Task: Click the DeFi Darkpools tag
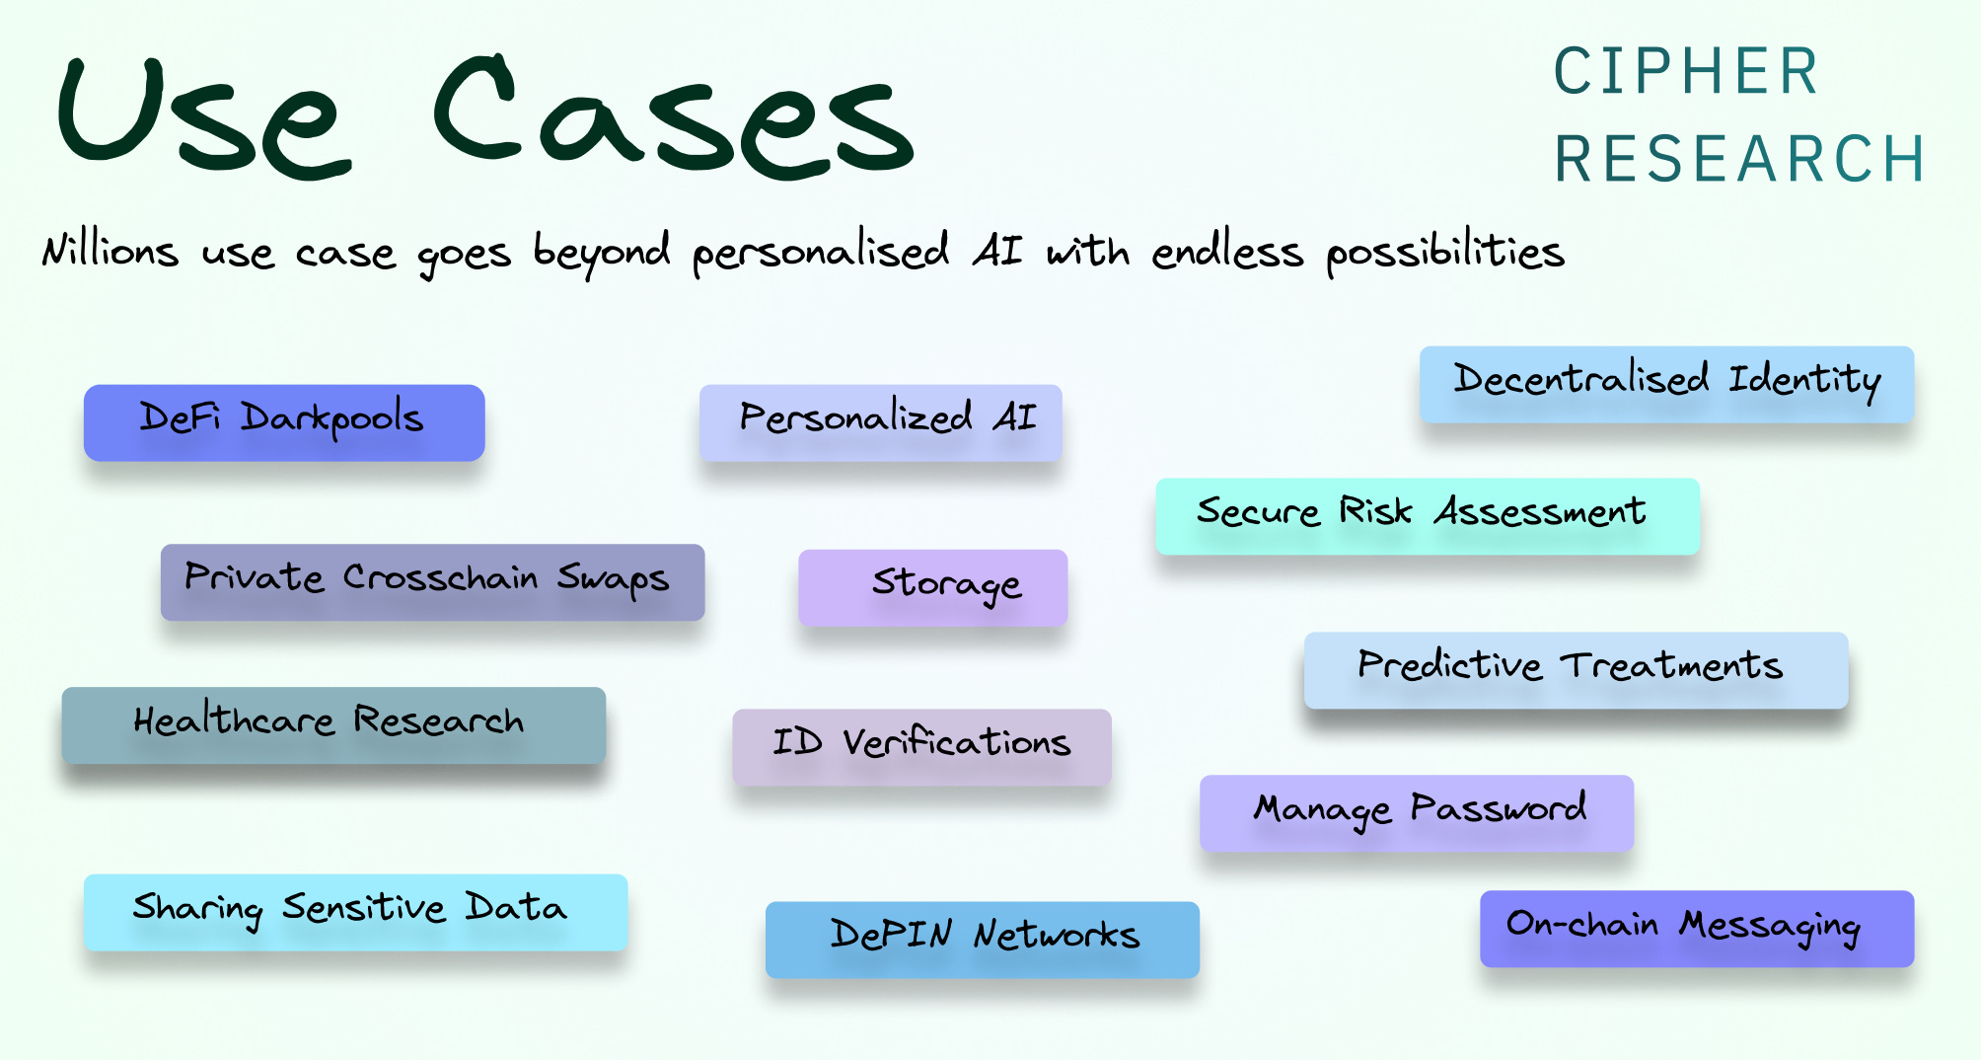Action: pos(284,422)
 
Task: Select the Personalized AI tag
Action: pos(880,422)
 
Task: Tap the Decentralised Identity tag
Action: pos(1666,384)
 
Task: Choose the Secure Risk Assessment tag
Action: pos(1427,515)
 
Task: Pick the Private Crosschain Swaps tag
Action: pos(432,581)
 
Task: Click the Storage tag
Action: pos(932,587)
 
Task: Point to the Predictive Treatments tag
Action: pos(1576,669)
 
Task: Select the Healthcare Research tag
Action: pos(333,724)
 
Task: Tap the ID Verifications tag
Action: pos(921,746)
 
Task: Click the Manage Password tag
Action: pos(1416,812)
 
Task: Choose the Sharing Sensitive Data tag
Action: pos(355,911)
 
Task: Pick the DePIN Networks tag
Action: pos(982,939)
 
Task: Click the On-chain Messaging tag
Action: pos(1696,928)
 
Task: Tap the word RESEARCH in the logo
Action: pos(1739,159)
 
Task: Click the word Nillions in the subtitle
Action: pos(110,251)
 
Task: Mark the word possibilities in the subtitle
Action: pos(1445,253)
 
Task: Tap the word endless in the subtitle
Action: pos(1227,253)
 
